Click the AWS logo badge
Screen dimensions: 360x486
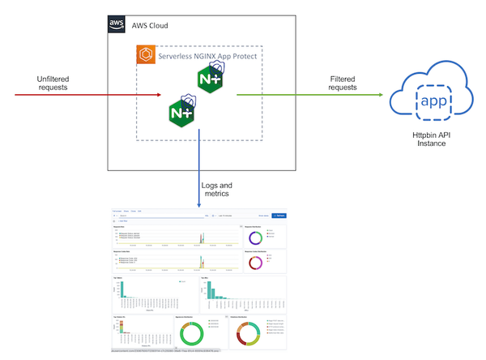tap(117, 24)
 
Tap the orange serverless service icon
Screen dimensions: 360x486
tap(147, 57)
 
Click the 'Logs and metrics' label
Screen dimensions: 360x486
tap(223, 190)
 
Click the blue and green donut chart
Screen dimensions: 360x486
tap(254, 238)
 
